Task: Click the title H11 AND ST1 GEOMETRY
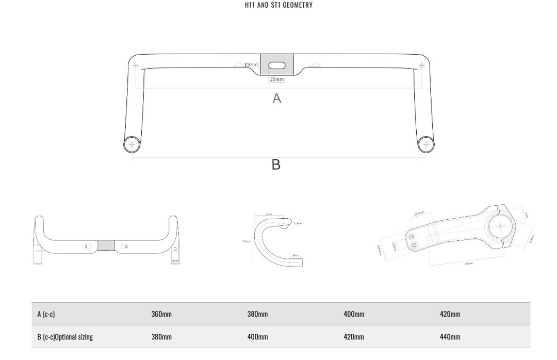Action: click(278, 5)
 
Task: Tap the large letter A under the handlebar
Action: click(277, 98)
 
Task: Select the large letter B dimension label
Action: click(276, 164)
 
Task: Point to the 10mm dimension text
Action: click(251, 64)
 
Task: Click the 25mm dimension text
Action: click(277, 79)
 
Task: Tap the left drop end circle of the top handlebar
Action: click(132, 144)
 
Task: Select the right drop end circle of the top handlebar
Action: click(425, 144)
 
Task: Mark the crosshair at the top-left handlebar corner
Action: click(136, 66)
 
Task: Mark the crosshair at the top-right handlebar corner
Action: click(422, 66)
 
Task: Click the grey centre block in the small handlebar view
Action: click(106, 245)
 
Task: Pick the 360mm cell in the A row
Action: click(161, 314)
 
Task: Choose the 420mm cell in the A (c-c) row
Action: click(450, 314)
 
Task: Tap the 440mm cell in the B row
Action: click(450, 337)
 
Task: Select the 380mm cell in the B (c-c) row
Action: click(161, 337)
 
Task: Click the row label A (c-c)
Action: click(46, 314)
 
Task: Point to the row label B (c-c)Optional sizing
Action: click(65, 337)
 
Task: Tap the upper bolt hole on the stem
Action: click(412, 236)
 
